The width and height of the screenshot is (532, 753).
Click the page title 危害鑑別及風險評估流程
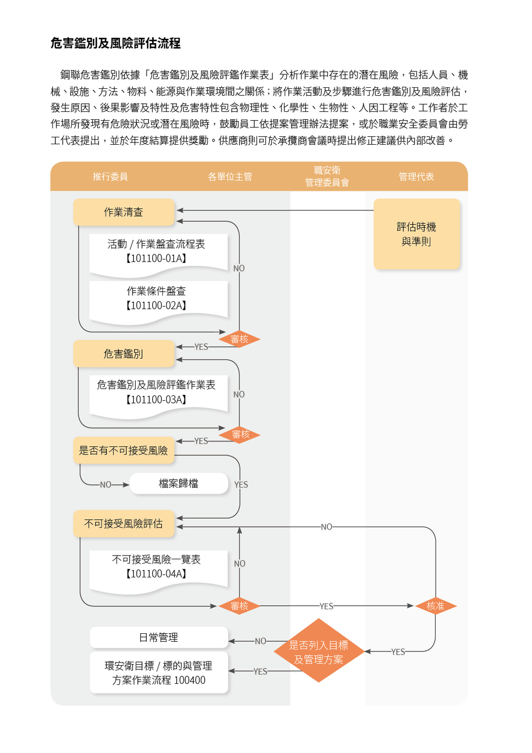tap(115, 43)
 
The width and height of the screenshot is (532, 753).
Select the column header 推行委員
tap(110, 177)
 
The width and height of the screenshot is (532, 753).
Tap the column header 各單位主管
tap(230, 177)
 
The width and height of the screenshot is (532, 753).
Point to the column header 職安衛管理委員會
tap(327, 177)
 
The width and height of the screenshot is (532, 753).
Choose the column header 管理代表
tap(416, 177)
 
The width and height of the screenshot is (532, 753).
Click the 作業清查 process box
tap(123, 212)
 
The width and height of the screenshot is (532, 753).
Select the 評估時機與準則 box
tap(416, 234)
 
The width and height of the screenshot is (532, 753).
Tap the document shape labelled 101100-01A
tap(156, 252)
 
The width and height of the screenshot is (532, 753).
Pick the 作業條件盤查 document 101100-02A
tap(156, 299)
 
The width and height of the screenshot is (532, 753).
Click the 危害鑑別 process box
tap(123, 354)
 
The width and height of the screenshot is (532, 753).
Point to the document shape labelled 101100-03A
tap(156, 393)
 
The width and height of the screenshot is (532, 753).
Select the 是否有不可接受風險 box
tap(123, 451)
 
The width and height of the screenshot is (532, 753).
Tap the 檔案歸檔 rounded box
tap(179, 483)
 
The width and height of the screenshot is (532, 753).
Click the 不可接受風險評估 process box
tap(123, 524)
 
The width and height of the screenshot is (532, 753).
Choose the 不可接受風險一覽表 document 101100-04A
tap(156, 567)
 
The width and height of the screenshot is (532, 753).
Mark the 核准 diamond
tap(435, 606)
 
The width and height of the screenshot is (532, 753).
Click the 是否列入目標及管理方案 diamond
tap(319, 652)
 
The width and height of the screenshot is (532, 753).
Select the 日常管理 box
tap(159, 638)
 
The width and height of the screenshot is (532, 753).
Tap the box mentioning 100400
tap(159, 673)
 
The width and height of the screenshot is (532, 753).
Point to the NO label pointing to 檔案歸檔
tap(106, 485)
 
